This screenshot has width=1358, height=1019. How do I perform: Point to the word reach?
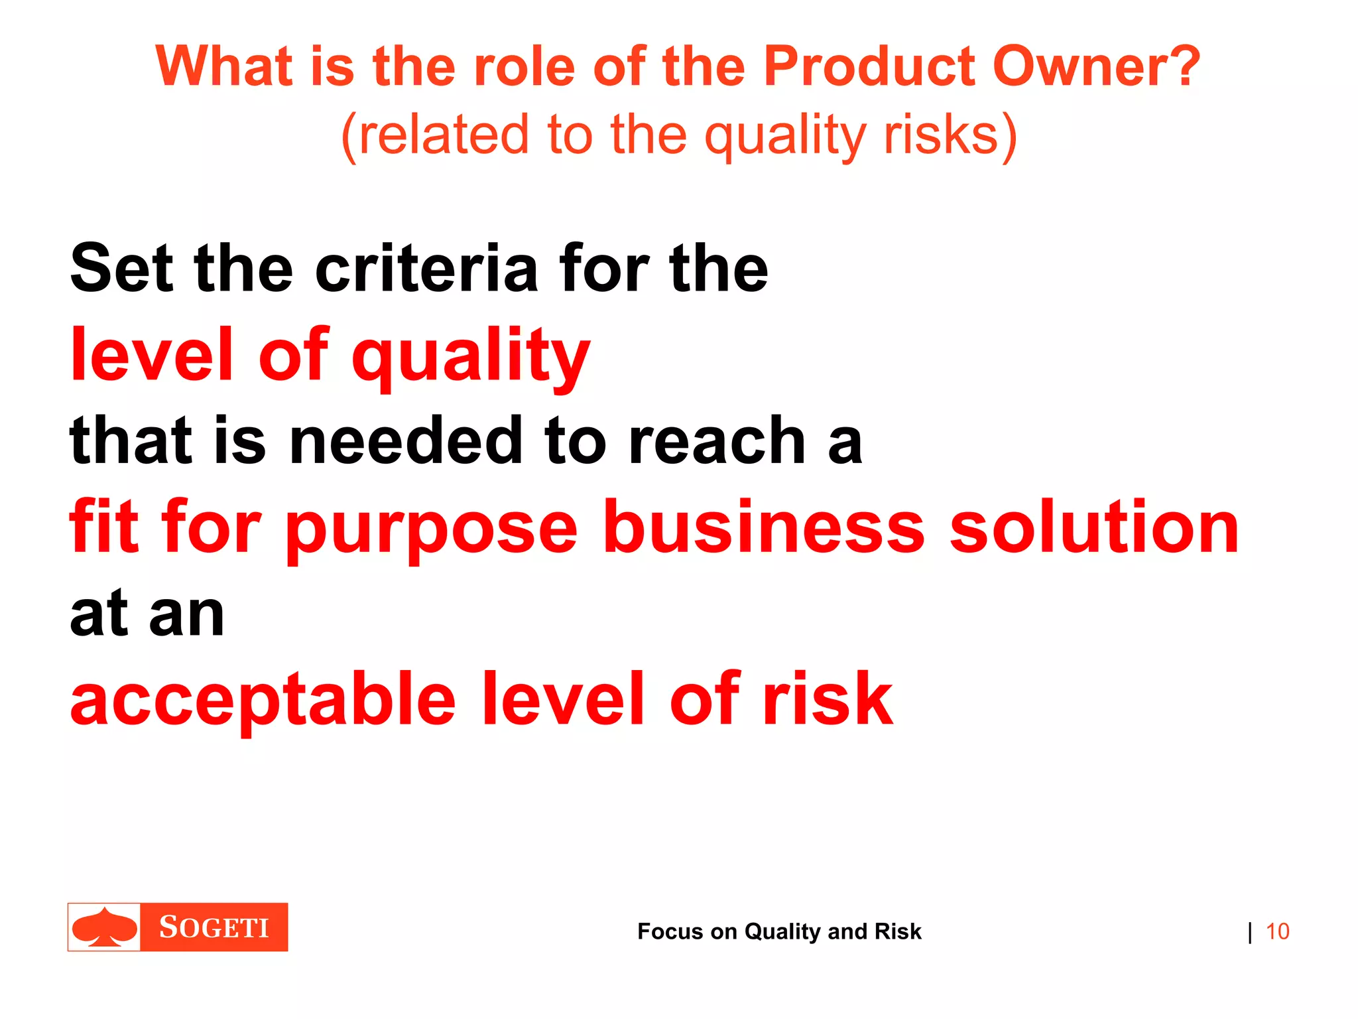pyautogui.click(x=716, y=441)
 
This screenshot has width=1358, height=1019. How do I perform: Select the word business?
pyautogui.click(x=763, y=527)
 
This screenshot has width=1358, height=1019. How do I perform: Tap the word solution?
pyautogui.click(x=1094, y=527)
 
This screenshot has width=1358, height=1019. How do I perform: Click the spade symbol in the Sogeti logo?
pyautogui.click(x=105, y=927)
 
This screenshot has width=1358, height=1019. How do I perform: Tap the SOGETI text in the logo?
pyautogui.click(x=214, y=927)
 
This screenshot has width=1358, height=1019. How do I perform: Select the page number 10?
pyautogui.click(x=1277, y=931)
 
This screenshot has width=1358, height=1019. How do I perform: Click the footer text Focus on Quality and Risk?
pyautogui.click(x=779, y=931)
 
